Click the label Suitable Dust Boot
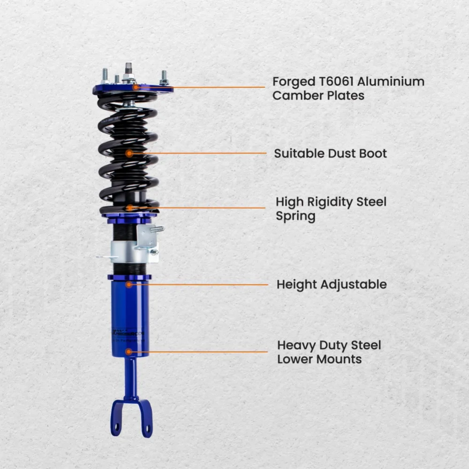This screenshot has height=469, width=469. click(330, 154)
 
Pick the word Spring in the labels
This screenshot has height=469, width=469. click(295, 216)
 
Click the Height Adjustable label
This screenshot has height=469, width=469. click(331, 284)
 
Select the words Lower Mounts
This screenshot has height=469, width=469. click(319, 360)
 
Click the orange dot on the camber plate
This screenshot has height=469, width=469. click(136, 87)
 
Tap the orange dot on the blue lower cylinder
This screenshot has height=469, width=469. click(128, 351)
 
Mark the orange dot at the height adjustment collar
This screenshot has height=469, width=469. click(129, 284)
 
